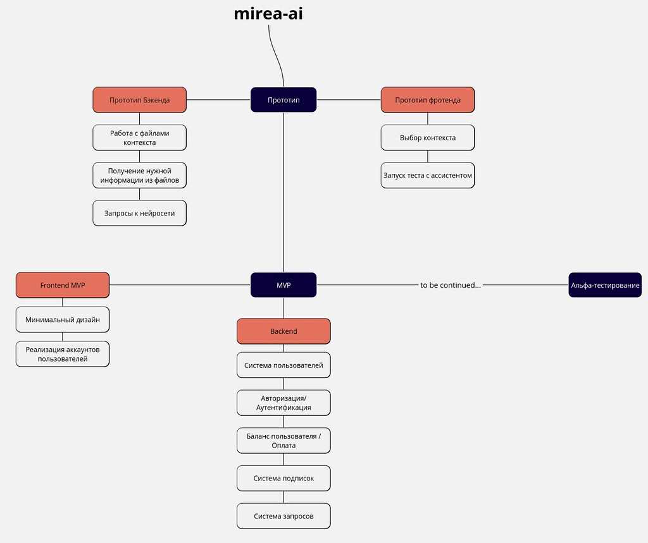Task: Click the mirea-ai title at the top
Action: pyautogui.click(x=268, y=13)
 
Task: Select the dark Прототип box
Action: pyautogui.click(x=283, y=100)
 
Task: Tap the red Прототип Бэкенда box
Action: pyautogui.click(x=139, y=100)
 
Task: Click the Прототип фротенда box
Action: pyautogui.click(x=427, y=100)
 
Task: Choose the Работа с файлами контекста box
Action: pyautogui.click(x=139, y=137)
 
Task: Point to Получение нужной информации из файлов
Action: pyautogui.click(x=139, y=175)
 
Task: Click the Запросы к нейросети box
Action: pyautogui.click(x=139, y=213)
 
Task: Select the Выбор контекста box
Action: pyautogui.click(x=427, y=137)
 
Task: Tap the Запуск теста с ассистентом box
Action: pyautogui.click(x=427, y=175)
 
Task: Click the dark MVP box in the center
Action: pyautogui.click(x=283, y=285)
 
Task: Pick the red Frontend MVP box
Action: pyautogui.click(x=63, y=285)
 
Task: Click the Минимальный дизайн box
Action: pyautogui.click(x=63, y=319)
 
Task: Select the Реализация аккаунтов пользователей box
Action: pyautogui.click(x=63, y=354)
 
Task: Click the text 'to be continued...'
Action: pyautogui.click(x=450, y=285)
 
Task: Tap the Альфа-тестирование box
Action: pyautogui.click(x=604, y=285)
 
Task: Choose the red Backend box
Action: pyautogui.click(x=283, y=331)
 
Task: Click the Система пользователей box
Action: pyautogui.click(x=283, y=365)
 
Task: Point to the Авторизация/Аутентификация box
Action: pyautogui.click(x=283, y=403)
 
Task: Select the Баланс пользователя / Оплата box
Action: pyautogui.click(x=283, y=441)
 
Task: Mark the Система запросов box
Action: pyautogui.click(x=283, y=516)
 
